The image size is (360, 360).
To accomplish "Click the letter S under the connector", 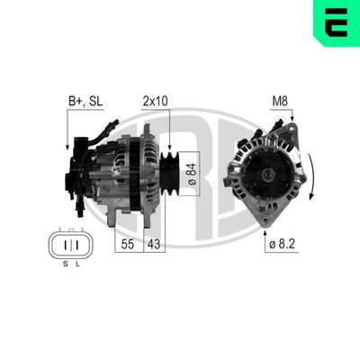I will coord(64,264).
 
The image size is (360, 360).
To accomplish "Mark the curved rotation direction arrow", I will coord(311,176).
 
